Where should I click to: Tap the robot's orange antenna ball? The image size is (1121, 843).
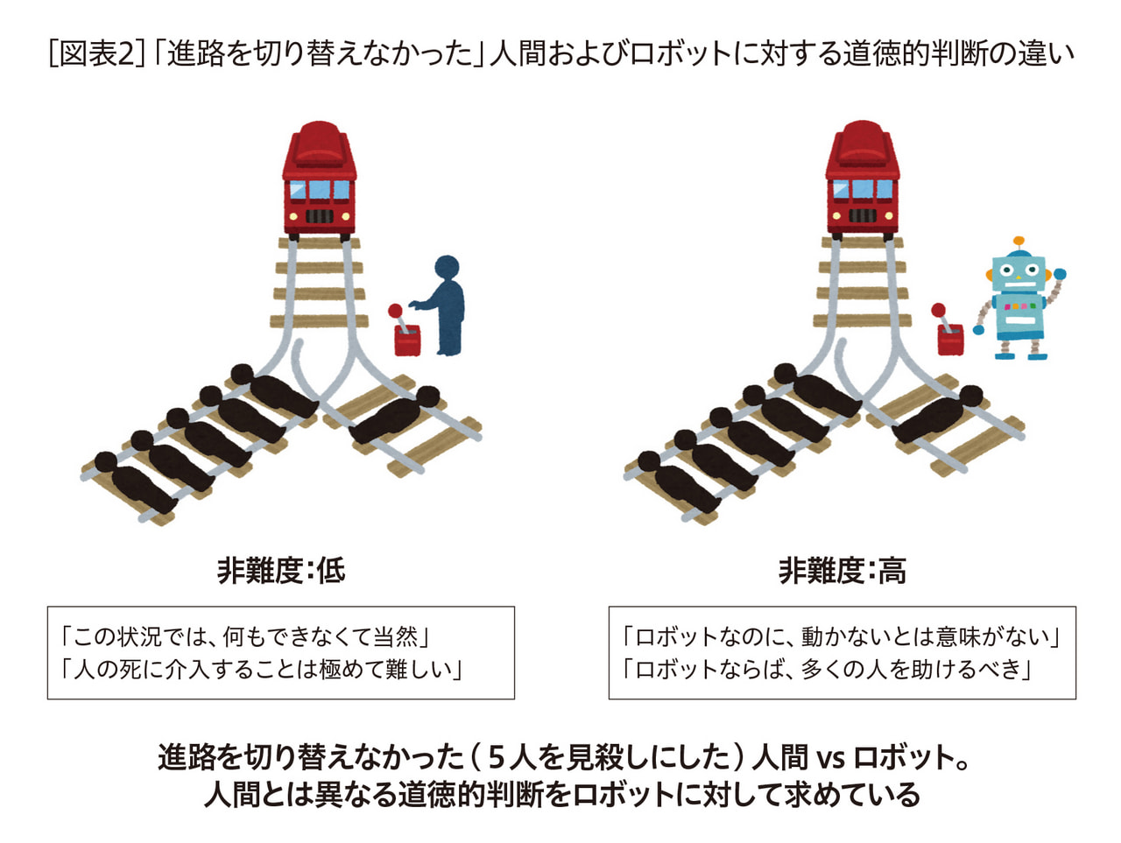(1019, 241)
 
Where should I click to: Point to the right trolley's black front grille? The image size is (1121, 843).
(863, 215)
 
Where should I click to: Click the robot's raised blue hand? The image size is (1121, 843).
(1060, 274)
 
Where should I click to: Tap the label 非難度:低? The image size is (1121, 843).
(281, 571)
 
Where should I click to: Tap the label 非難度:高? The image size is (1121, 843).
(843, 571)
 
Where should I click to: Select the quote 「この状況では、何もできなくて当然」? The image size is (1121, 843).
(244, 636)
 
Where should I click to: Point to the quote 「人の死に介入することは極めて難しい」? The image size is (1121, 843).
(261, 669)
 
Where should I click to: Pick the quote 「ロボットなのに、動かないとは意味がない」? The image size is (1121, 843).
(841, 636)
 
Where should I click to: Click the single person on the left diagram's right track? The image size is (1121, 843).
(395, 415)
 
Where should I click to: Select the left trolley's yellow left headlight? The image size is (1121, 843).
(293, 216)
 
